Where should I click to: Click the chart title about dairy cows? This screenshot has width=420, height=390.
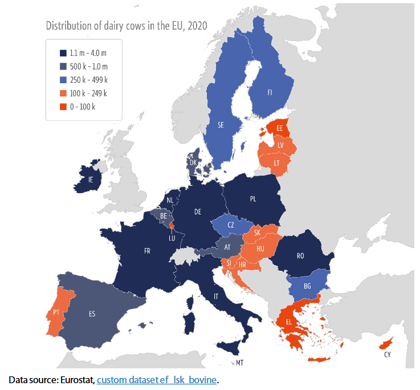click(125, 26)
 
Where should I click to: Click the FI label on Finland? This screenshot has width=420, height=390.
click(271, 91)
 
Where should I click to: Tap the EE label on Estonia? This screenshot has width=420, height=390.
click(279, 129)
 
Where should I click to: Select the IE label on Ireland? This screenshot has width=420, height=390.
click(90, 179)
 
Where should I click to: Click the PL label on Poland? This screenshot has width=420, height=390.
click(253, 199)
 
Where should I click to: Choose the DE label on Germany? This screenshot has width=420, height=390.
click(198, 212)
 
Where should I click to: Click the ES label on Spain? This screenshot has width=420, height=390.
click(92, 314)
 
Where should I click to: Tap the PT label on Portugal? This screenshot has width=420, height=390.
click(56, 312)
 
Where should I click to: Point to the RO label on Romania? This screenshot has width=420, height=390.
click(300, 257)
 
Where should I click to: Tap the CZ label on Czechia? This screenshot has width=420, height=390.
click(231, 225)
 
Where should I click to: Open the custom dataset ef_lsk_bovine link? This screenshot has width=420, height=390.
click(157, 379)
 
